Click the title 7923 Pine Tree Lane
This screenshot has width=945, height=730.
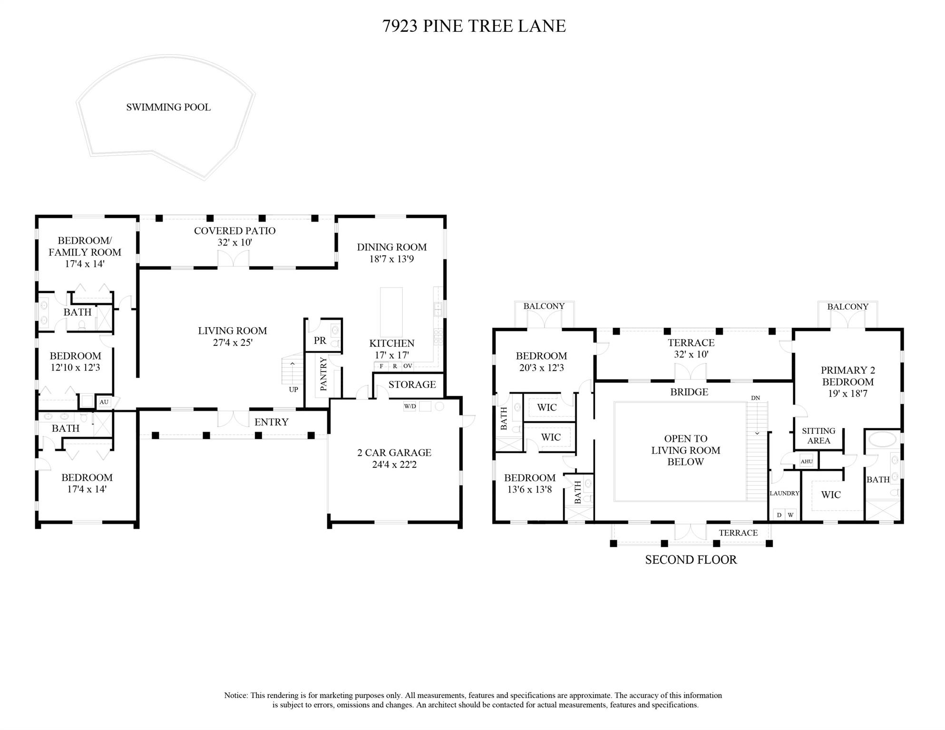(474, 26)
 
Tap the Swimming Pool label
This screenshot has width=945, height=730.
(168, 107)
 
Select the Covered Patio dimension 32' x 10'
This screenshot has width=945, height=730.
(234, 243)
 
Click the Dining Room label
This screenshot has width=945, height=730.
(391, 247)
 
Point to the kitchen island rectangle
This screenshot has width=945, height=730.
(391, 311)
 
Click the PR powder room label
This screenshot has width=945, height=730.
(320, 341)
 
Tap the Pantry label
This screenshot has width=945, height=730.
(324, 374)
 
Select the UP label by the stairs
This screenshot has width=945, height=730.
(293, 389)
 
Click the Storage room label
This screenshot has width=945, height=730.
(412, 384)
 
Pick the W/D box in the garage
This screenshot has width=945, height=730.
(409, 407)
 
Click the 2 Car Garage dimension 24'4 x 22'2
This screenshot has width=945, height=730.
(394, 465)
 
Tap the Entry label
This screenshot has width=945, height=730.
(271, 422)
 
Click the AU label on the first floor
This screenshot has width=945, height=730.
(104, 402)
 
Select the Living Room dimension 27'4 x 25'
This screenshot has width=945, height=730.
(233, 342)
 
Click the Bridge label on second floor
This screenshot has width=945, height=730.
(689, 392)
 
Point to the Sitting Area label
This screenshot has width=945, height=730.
(818, 436)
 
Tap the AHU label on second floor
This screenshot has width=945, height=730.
(807, 461)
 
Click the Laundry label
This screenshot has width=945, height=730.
(784, 493)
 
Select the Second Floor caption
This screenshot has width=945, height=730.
(691, 560)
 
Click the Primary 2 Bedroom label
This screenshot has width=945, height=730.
(848, 376)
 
